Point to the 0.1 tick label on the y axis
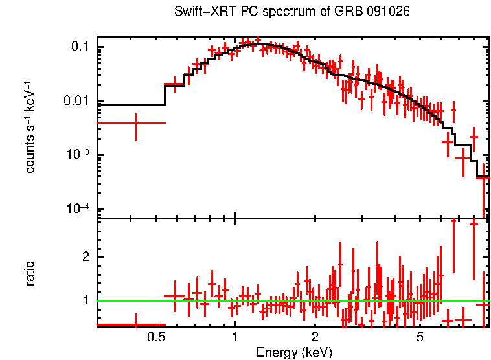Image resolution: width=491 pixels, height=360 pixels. (80, 47)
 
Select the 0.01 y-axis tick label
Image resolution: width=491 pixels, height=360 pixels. (78, 101)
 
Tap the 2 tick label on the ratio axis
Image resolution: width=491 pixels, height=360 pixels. (84, 257)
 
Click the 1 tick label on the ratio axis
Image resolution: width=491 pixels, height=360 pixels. (84, 300)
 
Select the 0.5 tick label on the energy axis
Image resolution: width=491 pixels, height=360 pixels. (155, 337)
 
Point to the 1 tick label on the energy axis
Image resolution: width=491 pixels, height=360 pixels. (235, 337)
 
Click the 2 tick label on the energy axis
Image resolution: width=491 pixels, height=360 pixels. (315, 337)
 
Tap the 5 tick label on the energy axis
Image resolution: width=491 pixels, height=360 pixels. (420, 337)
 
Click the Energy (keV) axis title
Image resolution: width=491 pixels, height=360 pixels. (293, 352)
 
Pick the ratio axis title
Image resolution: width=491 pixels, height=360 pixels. (30, 273)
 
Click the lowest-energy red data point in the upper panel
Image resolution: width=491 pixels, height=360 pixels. (136, 123)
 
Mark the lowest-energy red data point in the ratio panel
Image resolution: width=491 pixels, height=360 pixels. (136, 324)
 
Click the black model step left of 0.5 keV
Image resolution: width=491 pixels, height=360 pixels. (130, 104)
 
